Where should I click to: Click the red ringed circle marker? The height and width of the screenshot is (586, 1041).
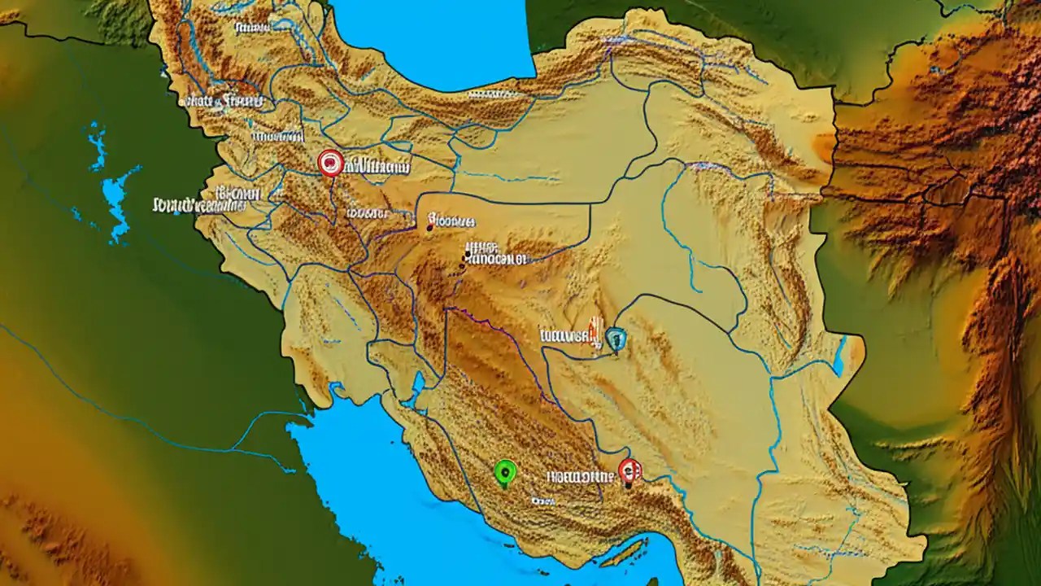pos(330,163)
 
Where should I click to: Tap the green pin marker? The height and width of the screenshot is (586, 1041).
pos(505,471)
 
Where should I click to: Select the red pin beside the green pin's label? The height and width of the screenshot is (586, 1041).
pos(629,470)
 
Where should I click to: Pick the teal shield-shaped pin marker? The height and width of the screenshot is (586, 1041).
pos(616,338)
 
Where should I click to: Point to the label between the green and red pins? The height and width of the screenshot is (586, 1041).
pos(579,475)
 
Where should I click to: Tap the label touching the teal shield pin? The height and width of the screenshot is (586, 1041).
pos(567,335)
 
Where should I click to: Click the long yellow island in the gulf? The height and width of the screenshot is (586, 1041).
pos(625,553)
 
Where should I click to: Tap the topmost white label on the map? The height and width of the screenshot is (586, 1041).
pos(252,28)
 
